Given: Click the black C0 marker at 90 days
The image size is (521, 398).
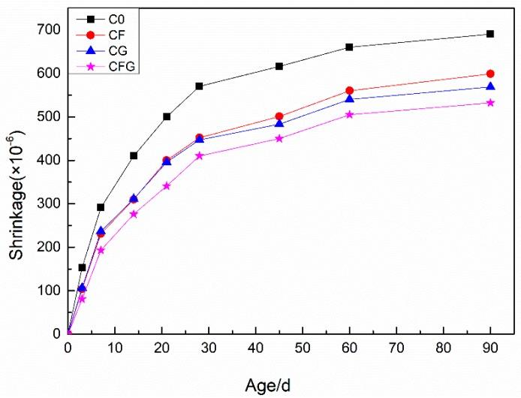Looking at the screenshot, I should coord(490,34).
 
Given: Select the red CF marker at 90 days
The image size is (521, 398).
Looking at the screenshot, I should coord(490,74).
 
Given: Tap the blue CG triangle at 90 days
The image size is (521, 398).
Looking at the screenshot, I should coord(490,86).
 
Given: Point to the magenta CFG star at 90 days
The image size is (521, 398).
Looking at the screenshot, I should coord(490,102).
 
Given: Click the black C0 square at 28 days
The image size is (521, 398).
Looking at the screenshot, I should coord(199,86).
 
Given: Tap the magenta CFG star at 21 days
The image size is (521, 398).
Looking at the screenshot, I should coord(167,185).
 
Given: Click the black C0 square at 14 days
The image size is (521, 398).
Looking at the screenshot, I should coord(134,155).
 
